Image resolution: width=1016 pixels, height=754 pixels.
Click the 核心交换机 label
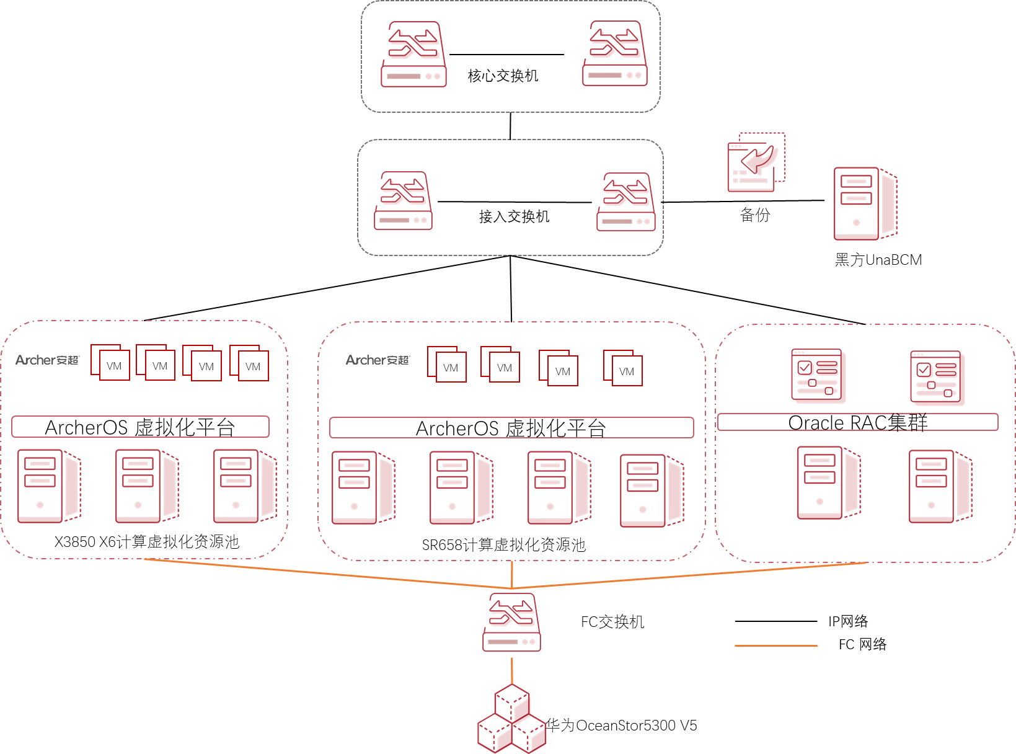[503, 76]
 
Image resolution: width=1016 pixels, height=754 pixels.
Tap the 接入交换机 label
[514, 216]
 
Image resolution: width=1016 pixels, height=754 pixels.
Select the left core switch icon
[413, 55]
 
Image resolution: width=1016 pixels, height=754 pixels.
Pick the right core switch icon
[615, 53]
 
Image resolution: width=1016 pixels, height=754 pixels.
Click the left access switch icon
[403, 201]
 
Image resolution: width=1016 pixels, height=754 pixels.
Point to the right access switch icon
[626, 202]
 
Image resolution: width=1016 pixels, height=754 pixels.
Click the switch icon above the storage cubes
[511, 623]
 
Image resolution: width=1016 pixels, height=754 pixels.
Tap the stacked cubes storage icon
[512, 719]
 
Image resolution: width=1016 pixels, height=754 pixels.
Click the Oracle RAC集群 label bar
[857, 422]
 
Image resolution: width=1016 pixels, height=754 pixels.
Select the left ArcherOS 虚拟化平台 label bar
[140, 427]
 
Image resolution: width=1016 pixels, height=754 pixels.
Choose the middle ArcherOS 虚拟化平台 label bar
[511, 428]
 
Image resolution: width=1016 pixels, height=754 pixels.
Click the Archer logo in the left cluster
[48, 360]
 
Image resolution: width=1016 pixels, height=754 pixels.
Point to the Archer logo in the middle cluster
[378, 360]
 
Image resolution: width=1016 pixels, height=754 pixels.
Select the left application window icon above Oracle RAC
[818, 375]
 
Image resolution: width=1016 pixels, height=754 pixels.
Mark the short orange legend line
[775, 645]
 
